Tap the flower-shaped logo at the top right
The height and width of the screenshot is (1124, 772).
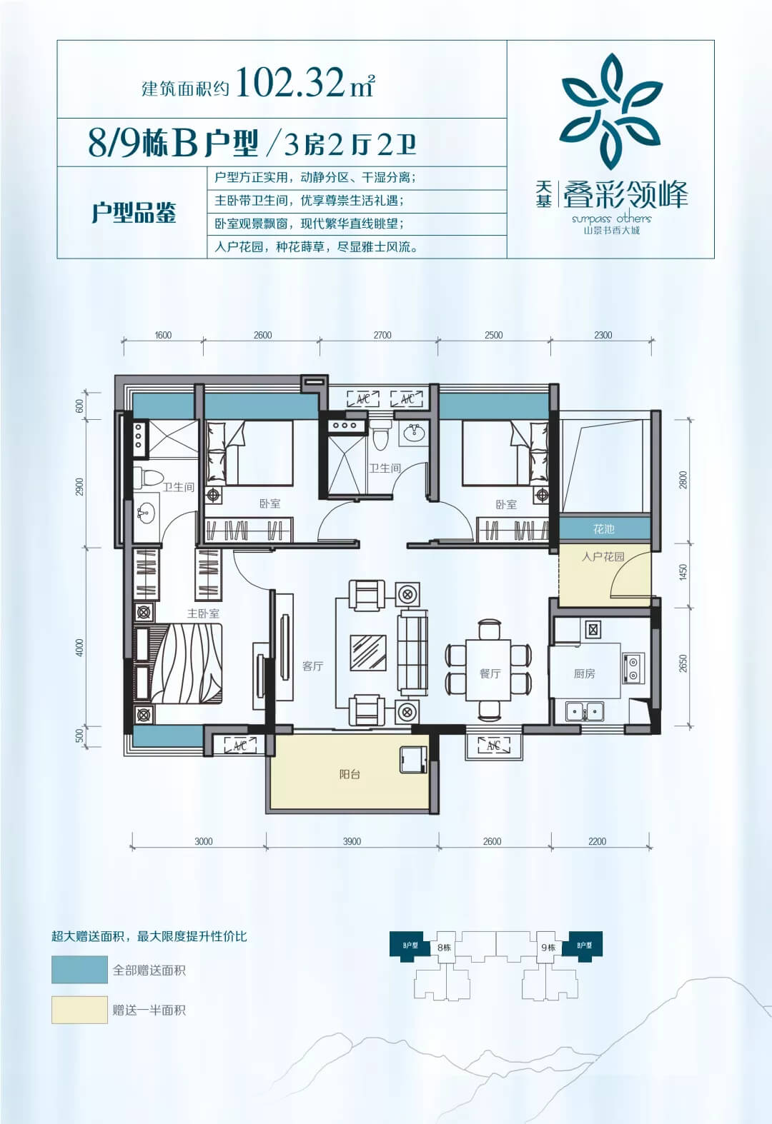click(x=610, y=112)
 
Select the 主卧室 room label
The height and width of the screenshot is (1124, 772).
click(x=203, y=613)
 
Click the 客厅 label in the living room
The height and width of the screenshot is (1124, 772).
click(x=312, y=666)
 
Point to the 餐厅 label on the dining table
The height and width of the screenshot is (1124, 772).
click(x=490, y=673)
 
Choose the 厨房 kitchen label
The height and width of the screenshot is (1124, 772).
click(x=584, y=673)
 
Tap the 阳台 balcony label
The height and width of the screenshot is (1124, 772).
click(x=350, y=774)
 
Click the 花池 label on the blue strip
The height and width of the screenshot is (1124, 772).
click(x=604, y=529)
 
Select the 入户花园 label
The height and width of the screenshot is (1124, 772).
click(x=603, y=556)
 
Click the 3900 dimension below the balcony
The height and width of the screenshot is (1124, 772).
click(x=352, y=841)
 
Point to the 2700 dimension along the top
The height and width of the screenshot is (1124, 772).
click(x=382, y=335)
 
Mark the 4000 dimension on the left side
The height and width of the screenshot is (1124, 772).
click(x=79, y=647)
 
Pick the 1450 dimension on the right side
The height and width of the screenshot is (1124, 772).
click(x=683, y=572)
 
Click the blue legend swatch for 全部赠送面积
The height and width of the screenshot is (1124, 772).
click(x=79, y=970)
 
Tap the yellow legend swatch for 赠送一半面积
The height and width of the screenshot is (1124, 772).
click(x=79, y=1010)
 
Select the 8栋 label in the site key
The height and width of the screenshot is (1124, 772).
click(x=444, y=948)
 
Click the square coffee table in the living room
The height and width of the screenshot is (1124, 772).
click(x=368, y=652)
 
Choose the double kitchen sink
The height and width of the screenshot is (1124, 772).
click(x=585, y=711)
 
